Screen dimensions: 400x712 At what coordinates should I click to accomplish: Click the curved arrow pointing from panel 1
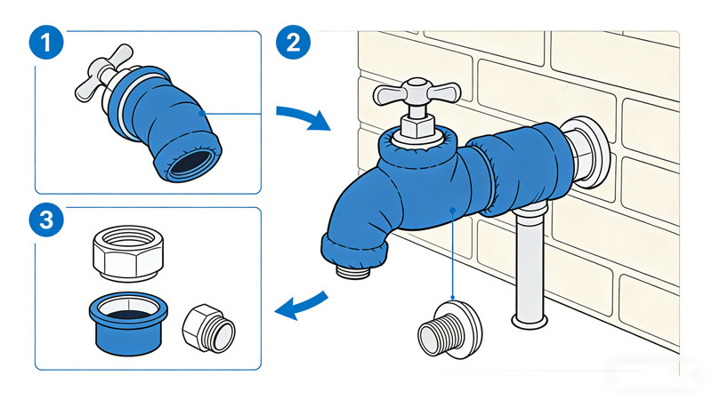click(x=300, y=116)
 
